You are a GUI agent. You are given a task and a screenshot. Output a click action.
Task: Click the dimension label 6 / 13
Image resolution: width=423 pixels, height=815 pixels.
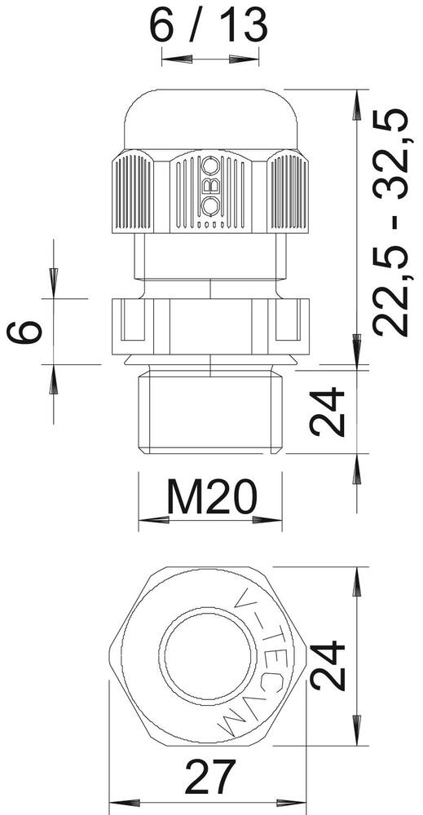pyautogui.click(x=209, y=26)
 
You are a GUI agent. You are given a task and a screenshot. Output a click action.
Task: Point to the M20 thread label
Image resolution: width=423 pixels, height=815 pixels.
pyautogui.click(x=211, y=496)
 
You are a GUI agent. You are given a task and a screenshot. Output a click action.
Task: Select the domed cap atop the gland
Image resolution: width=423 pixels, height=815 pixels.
pyautogui.click(x=209, y=120)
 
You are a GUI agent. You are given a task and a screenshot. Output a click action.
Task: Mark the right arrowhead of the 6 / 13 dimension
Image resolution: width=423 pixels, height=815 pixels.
pyautogui.click(x=249, y=59)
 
